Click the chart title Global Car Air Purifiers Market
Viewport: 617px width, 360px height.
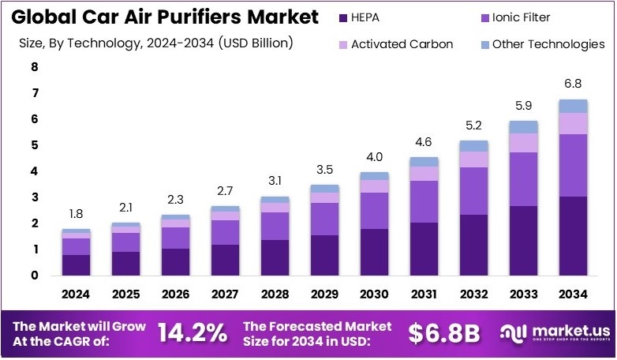pyautogui.click(x=166, y=17)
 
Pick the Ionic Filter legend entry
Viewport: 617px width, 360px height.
pyautogui.click(x=521, y=17)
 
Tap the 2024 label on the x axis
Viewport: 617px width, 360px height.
pyautogui.click(x=76, y=294)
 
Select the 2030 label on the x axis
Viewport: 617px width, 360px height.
pyautogui.click(x=374, y=294)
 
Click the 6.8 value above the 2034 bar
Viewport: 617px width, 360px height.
pyautogui.click(x=573, y=84)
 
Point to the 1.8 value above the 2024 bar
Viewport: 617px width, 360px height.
pyautogui.click(x=76, y=213)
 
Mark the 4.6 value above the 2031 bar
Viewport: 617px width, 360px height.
pyautogui.click(x=424, y=141)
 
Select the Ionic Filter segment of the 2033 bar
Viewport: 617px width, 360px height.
pyautogui.click(x=523, y=178)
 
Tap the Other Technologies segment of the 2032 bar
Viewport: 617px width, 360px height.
pyautogui.click(x=473, y=146)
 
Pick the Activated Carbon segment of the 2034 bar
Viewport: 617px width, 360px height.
pyautogui.click(x=573, y=123)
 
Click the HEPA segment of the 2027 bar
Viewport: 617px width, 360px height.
pyautogui.click(x=225, y=260)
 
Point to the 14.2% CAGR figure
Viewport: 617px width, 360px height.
pyautogui.click(x=192, y=332)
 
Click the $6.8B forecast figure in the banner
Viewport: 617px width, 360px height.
pyautogui.click(x=444, y=332)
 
